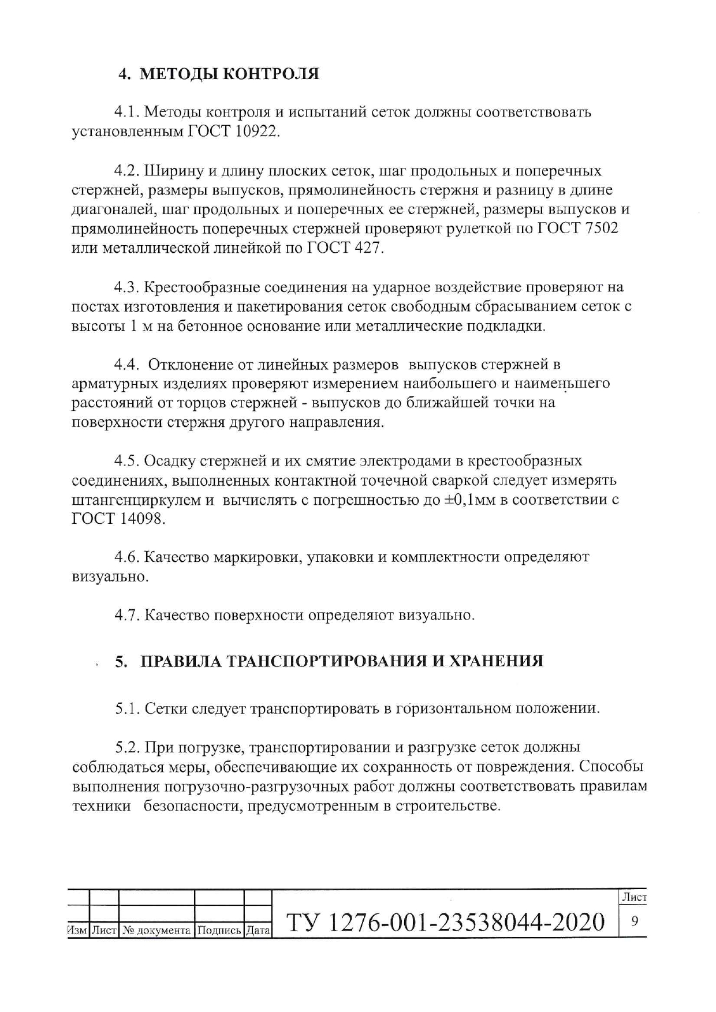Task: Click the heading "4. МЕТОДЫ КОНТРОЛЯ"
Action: pyautogui.click(x=218, y=74)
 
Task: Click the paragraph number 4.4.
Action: pyautogui.click(x=127, y=365)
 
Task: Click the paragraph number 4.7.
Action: pyautogui.click(x=127, y=615)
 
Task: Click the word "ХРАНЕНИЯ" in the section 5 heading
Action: pyautogui.click(x=496, y=661)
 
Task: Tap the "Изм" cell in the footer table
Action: pyautogui.click(x=77, y=930)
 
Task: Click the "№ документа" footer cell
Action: pyautogui.click(x=156, y=930)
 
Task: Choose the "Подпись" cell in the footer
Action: pyautogui.click(x=219, y=930)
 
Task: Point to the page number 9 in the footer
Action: pyautogui.click(x=633, y=921)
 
